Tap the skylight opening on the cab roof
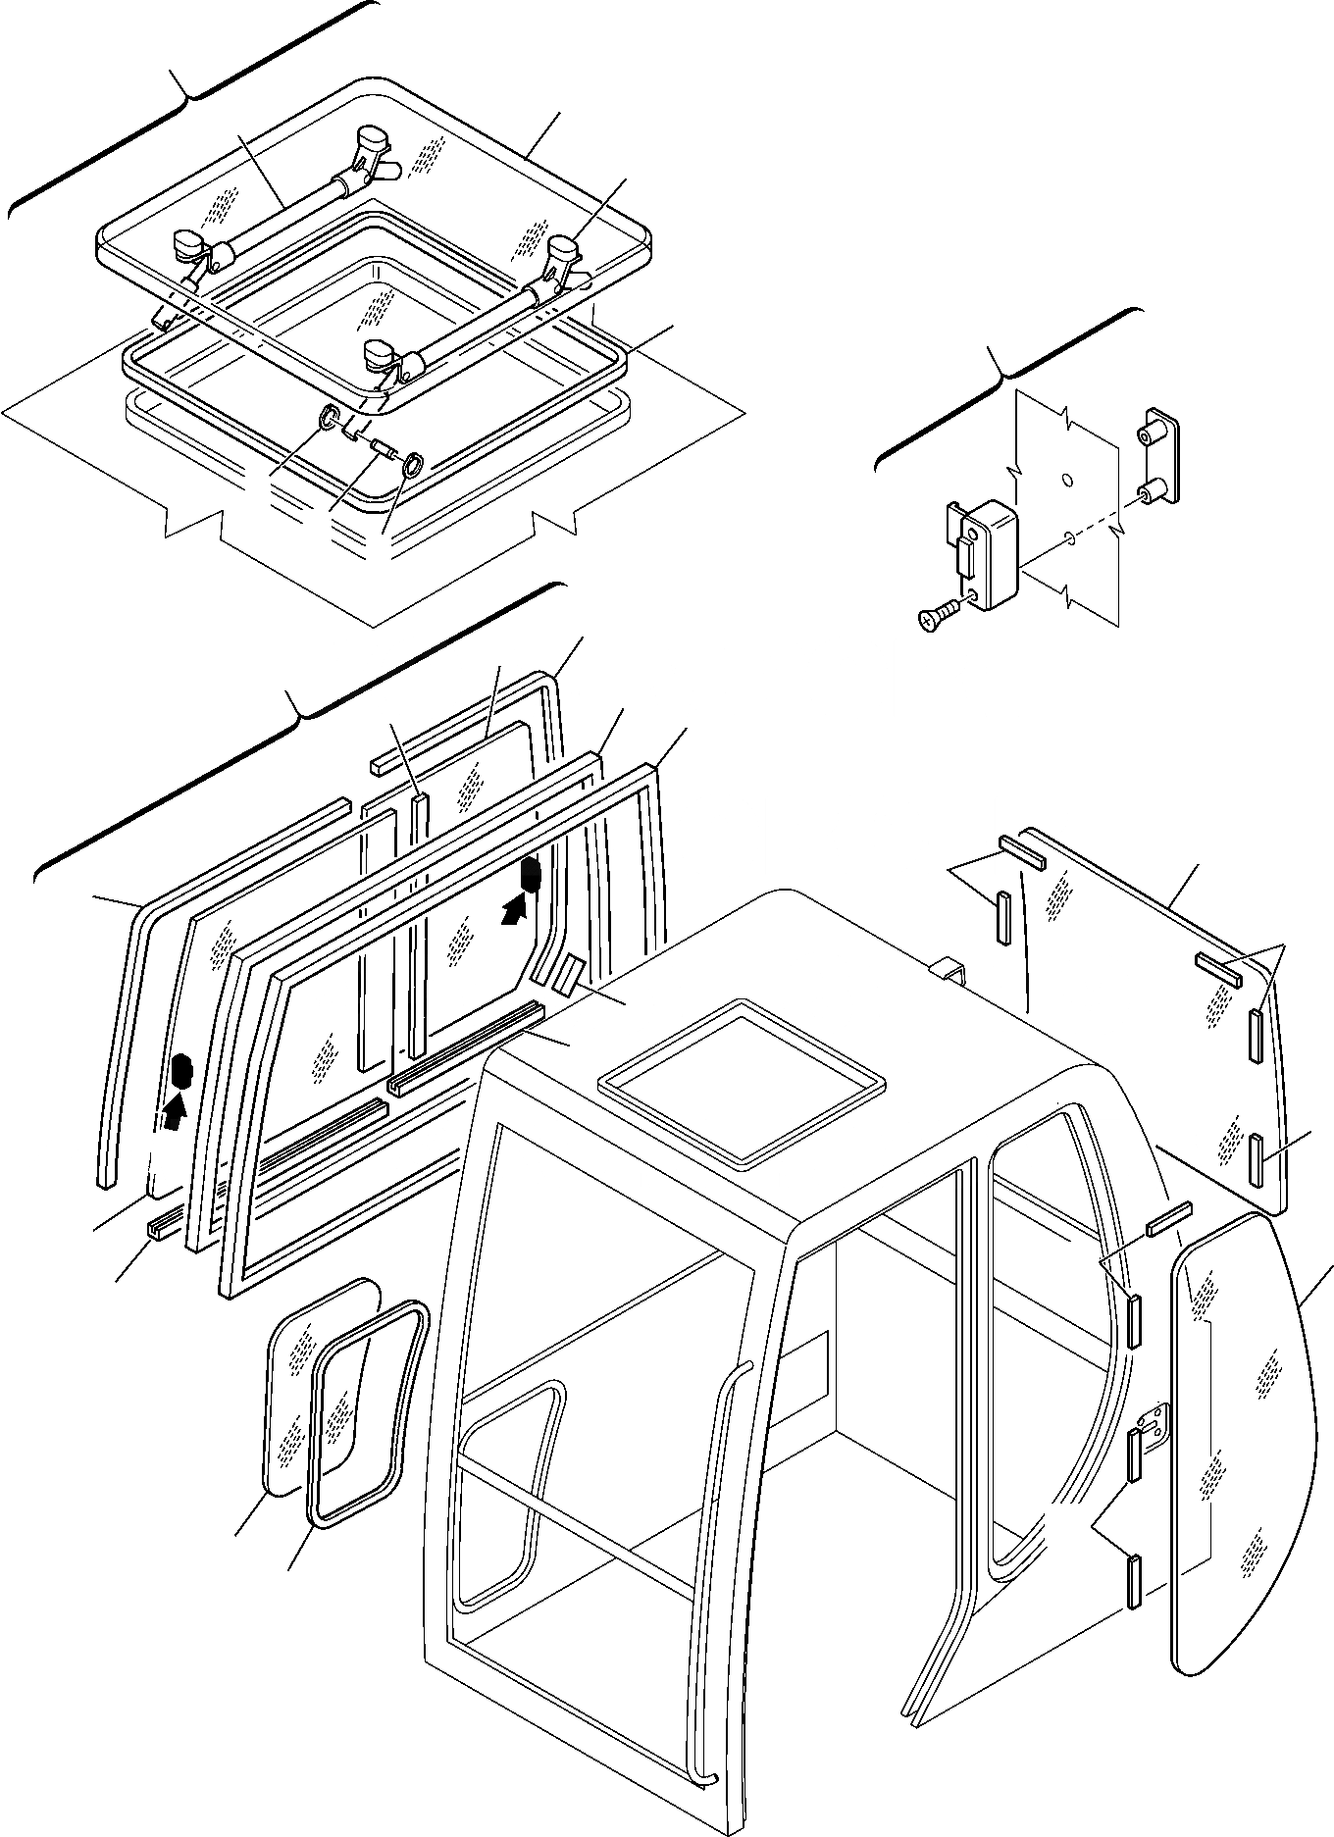click(742, 1078)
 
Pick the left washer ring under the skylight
click(331, 418)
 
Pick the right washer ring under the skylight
click(413, 464)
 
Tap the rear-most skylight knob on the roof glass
click(372, 142)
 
